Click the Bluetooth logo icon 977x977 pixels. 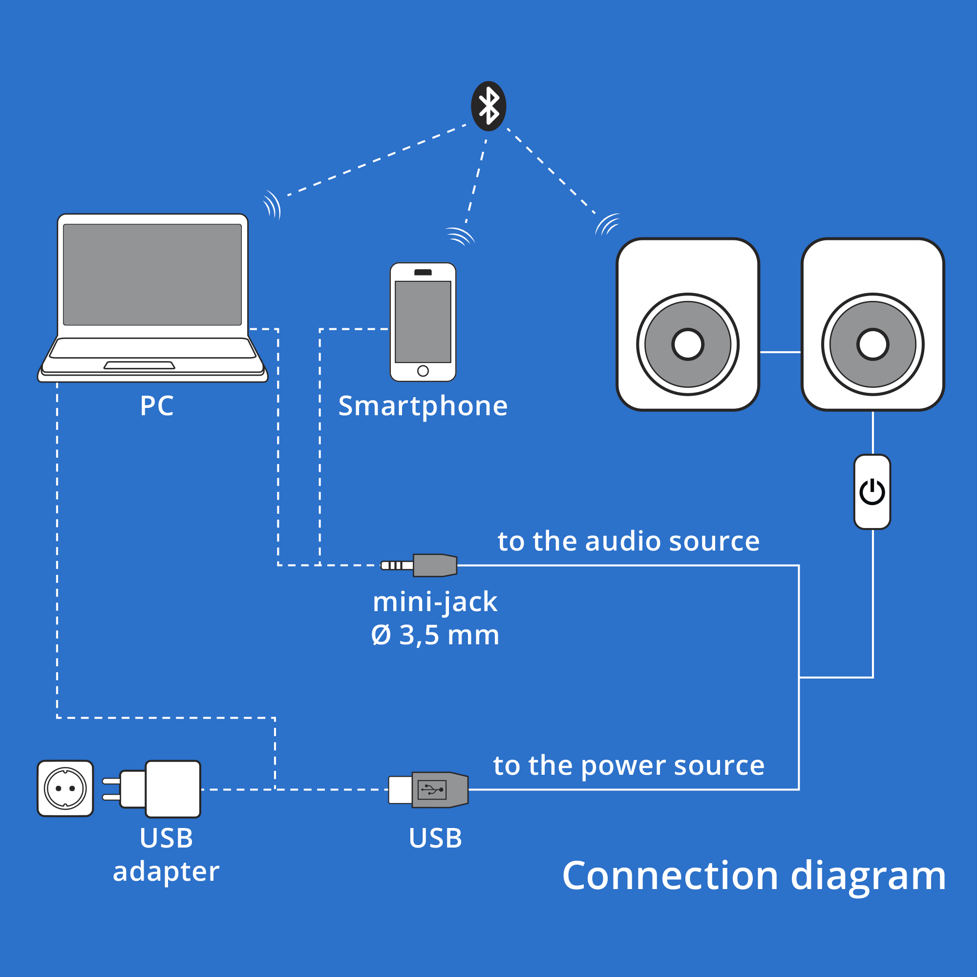point(488,106)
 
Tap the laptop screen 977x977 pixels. point(152,274)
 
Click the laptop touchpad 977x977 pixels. point(139,365)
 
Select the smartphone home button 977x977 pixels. point(423,371)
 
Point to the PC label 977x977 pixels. point(157,405)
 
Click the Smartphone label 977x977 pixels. point(423,406)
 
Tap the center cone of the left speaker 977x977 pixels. point(688,344)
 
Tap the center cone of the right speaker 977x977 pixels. point(873,344)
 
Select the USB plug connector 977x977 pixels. point(430,789)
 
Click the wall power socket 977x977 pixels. point(65,788)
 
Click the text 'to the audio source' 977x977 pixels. point(629,542)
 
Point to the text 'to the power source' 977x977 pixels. point(629,765)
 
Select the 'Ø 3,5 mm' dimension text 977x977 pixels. point(435,635)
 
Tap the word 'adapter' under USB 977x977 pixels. point(166,871)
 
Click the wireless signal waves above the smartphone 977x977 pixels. point(460,236)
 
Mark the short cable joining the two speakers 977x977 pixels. point(780,352)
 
